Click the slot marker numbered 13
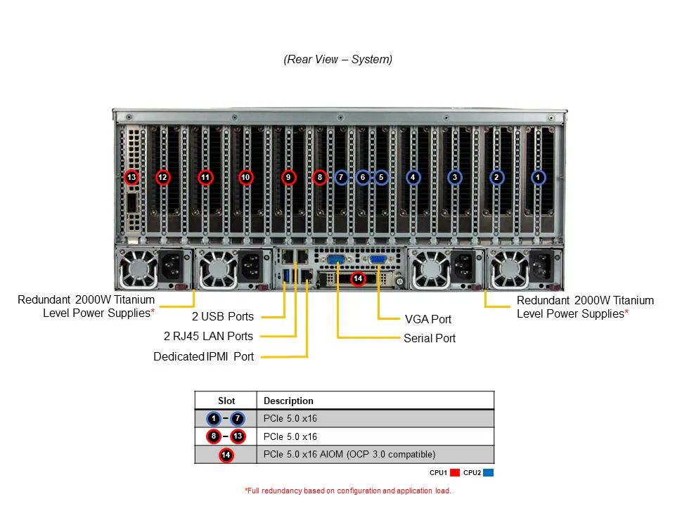pos(131,177)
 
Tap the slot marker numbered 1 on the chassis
pos(538,177)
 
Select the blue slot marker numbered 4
pos(413,177)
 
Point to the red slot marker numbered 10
pos(245,177)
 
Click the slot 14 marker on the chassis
pos(358,279)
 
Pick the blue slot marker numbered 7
pos(341,177)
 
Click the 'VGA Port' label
pos(428,319)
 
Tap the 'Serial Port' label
pos(429,338)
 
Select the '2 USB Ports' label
pos(223,316)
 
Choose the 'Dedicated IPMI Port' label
pos(204,356)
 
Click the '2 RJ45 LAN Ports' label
pos(208,336)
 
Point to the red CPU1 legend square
pos(455,472)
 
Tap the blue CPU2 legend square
pos(489,472)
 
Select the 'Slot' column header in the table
pos(226,401)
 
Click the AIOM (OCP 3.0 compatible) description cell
pos(349,454)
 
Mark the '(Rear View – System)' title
pos(338,59)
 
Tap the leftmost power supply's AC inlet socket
pos(172,266)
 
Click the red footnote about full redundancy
pos(347,491)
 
